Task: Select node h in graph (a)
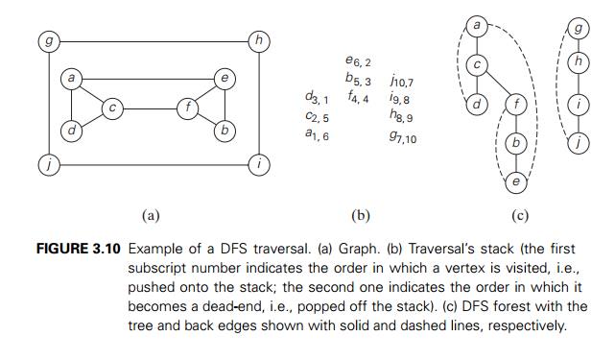258,41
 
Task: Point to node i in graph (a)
258,165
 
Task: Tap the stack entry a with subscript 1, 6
316,135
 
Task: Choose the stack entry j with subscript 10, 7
402,82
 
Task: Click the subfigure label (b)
361,215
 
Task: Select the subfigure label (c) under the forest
520,215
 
